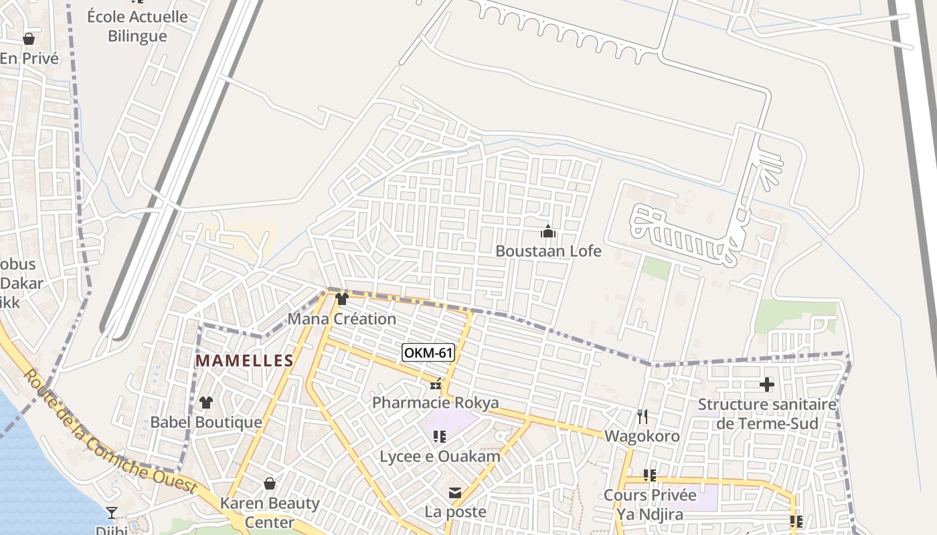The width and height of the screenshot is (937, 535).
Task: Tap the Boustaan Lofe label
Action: coord(548,251)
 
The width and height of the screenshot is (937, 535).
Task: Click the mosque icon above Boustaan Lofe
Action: coord(548,232)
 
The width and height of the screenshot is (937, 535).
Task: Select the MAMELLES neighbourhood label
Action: coord(244,361)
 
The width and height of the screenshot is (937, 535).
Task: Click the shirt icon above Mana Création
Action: coord(342,298)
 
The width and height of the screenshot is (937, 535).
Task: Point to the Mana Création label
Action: coord(342,319)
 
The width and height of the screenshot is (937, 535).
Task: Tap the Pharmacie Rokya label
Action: coord(436,403)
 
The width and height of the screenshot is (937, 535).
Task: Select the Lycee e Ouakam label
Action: coord(440,457)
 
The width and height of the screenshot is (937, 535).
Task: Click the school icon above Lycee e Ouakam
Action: coord(440,437)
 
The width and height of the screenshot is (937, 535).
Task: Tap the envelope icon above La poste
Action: coord(455,494)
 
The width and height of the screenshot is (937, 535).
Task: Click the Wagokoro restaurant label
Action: coord(642,437)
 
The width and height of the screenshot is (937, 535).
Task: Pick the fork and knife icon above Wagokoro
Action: coord(643,417)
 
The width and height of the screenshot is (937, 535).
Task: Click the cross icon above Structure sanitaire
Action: coord(767,385)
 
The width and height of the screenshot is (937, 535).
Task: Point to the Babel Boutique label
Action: coord(206,423)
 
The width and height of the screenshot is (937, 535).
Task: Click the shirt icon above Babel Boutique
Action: coord(206,403)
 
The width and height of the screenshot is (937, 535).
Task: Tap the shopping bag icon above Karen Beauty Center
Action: coord(270,483)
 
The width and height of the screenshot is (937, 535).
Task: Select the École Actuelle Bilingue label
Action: coord(137,26)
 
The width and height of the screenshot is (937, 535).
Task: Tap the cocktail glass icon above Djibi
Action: coord(112,513)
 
